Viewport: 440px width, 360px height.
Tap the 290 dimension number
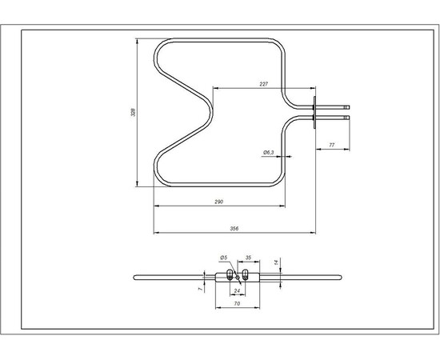218,201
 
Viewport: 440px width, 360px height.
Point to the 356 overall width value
234,229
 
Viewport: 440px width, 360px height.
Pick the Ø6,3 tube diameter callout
268,152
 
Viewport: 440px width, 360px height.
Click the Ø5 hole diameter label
224,258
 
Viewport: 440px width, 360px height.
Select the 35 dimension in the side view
248,258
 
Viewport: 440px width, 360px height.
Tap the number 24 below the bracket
237,290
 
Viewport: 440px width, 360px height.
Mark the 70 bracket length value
237,305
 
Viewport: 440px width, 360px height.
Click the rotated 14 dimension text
275,262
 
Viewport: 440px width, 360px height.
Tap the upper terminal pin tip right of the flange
347,105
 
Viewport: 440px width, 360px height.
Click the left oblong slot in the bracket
231,276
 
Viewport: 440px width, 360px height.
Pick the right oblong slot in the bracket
246,276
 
